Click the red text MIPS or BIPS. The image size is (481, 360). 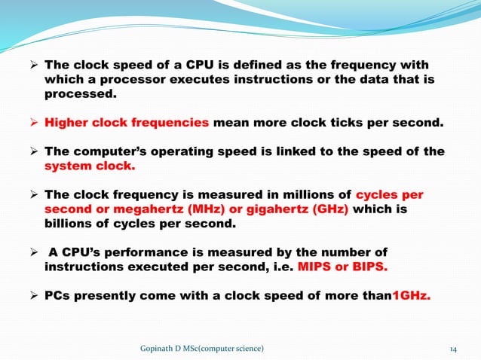[x=345, y=267]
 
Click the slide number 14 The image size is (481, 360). [x=454, y=349]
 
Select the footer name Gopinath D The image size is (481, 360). [x=160, y=349]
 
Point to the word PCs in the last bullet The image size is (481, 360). [x=58, y=295]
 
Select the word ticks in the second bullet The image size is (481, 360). [x=351, y=123]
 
